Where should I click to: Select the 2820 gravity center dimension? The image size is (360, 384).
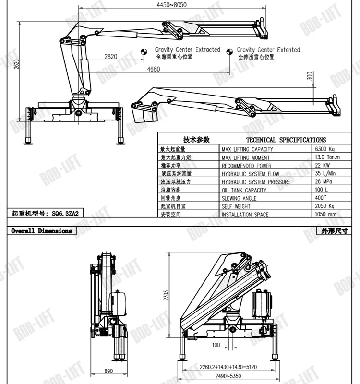pos(110,56)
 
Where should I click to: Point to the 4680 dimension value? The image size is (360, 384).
pos(154,69)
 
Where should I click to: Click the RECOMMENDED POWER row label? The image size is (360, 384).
pos(246,166)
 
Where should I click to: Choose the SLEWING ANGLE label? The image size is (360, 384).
pos(239,198)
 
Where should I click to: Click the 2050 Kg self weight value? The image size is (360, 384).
pos(325,206)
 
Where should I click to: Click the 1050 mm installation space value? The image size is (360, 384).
pos(326,215)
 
